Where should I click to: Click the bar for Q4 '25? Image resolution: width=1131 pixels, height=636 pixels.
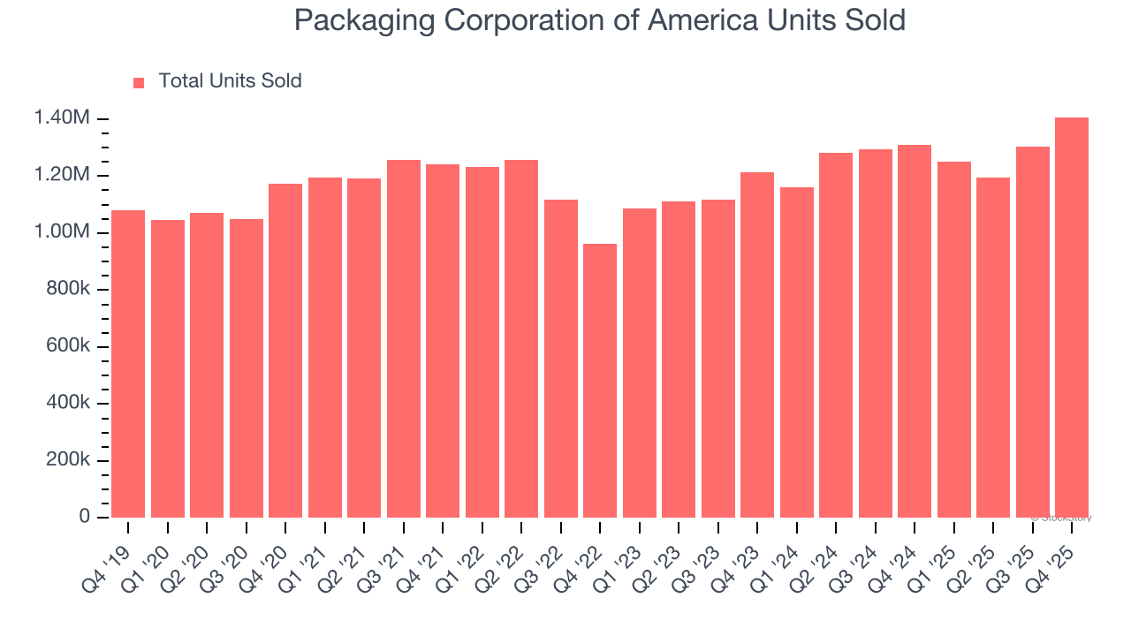coord(1071,318)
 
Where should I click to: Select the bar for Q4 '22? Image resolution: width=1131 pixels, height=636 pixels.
coord(600,381)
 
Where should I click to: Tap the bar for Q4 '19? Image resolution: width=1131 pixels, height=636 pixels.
coord(128,364)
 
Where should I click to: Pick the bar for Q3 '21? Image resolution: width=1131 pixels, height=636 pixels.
coord(404,338)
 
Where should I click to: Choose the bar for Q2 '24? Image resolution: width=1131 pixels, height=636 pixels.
coord(836,335)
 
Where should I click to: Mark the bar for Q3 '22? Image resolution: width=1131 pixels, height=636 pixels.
coord(561,359)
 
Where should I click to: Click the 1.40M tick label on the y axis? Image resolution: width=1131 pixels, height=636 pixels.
coord(62,118)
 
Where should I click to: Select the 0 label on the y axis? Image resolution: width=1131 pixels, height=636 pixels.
coord(85,517)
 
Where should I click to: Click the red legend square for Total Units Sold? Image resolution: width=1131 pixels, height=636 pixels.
coord(139,83)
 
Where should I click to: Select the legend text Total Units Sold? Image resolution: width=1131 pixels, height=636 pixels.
coord(230,81)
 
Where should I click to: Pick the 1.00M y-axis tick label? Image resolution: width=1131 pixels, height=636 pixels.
coord(62,232)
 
